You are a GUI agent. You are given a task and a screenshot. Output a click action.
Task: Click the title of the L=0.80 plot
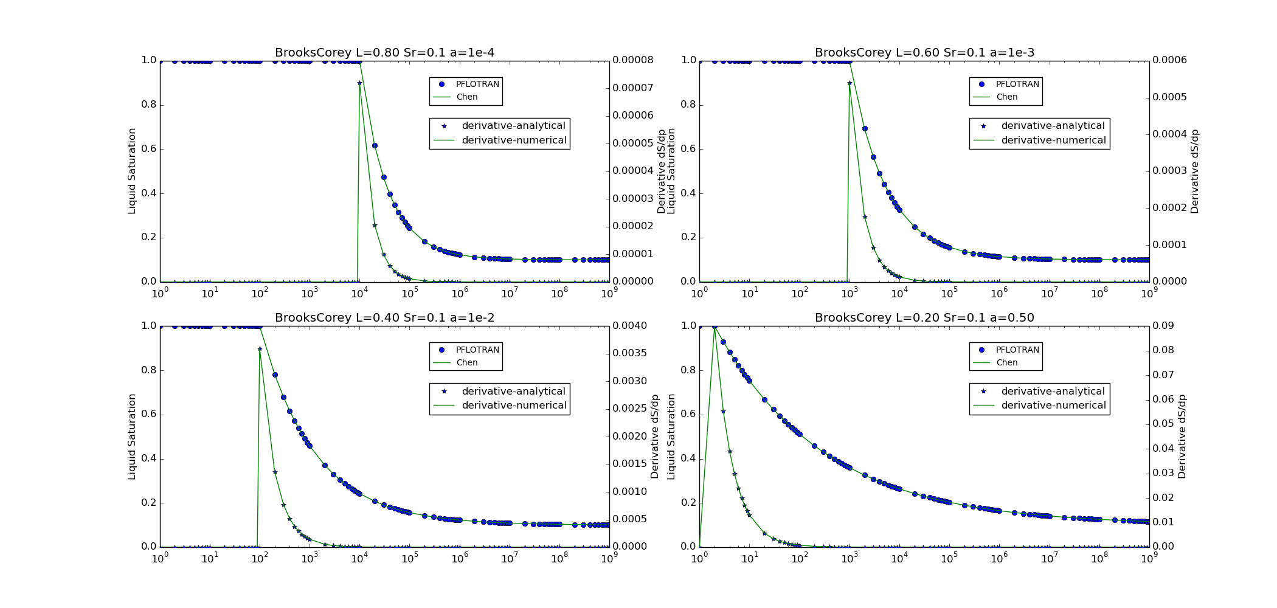click(x=384, y=53)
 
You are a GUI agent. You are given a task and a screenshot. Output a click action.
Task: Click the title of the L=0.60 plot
click(x=924, y=53)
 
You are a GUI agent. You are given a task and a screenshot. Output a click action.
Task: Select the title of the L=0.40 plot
click(x=384, y=318)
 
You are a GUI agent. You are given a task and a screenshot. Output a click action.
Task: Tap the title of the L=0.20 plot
click(x=924, y=318)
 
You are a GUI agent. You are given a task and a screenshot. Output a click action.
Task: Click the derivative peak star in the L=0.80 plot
click(x=359, y=83)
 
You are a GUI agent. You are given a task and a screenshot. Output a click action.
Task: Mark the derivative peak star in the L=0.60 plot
click(x=850, y=83)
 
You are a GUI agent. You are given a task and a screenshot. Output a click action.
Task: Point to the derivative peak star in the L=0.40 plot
click(x=260, y=349)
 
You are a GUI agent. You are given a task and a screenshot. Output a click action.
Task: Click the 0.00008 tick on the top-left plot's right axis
click(x=632, y=60)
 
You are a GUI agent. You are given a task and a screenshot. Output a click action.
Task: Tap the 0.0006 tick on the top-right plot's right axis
click(x=1169, y=60)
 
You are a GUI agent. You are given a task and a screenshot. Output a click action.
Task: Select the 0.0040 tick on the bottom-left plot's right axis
click(x=629, y=326)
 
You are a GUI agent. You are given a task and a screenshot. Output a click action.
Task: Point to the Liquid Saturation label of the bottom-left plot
click(x=132, y=437)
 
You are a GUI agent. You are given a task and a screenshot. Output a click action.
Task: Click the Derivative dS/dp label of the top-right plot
click(x=1195, y=171)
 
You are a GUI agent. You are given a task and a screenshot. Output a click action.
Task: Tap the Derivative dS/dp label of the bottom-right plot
click(x=1182, y=437)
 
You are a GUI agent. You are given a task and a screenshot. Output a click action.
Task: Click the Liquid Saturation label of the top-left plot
click(x=132, y=171)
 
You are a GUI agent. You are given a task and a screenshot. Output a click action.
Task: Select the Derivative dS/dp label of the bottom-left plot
click(x=655, y=437)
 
